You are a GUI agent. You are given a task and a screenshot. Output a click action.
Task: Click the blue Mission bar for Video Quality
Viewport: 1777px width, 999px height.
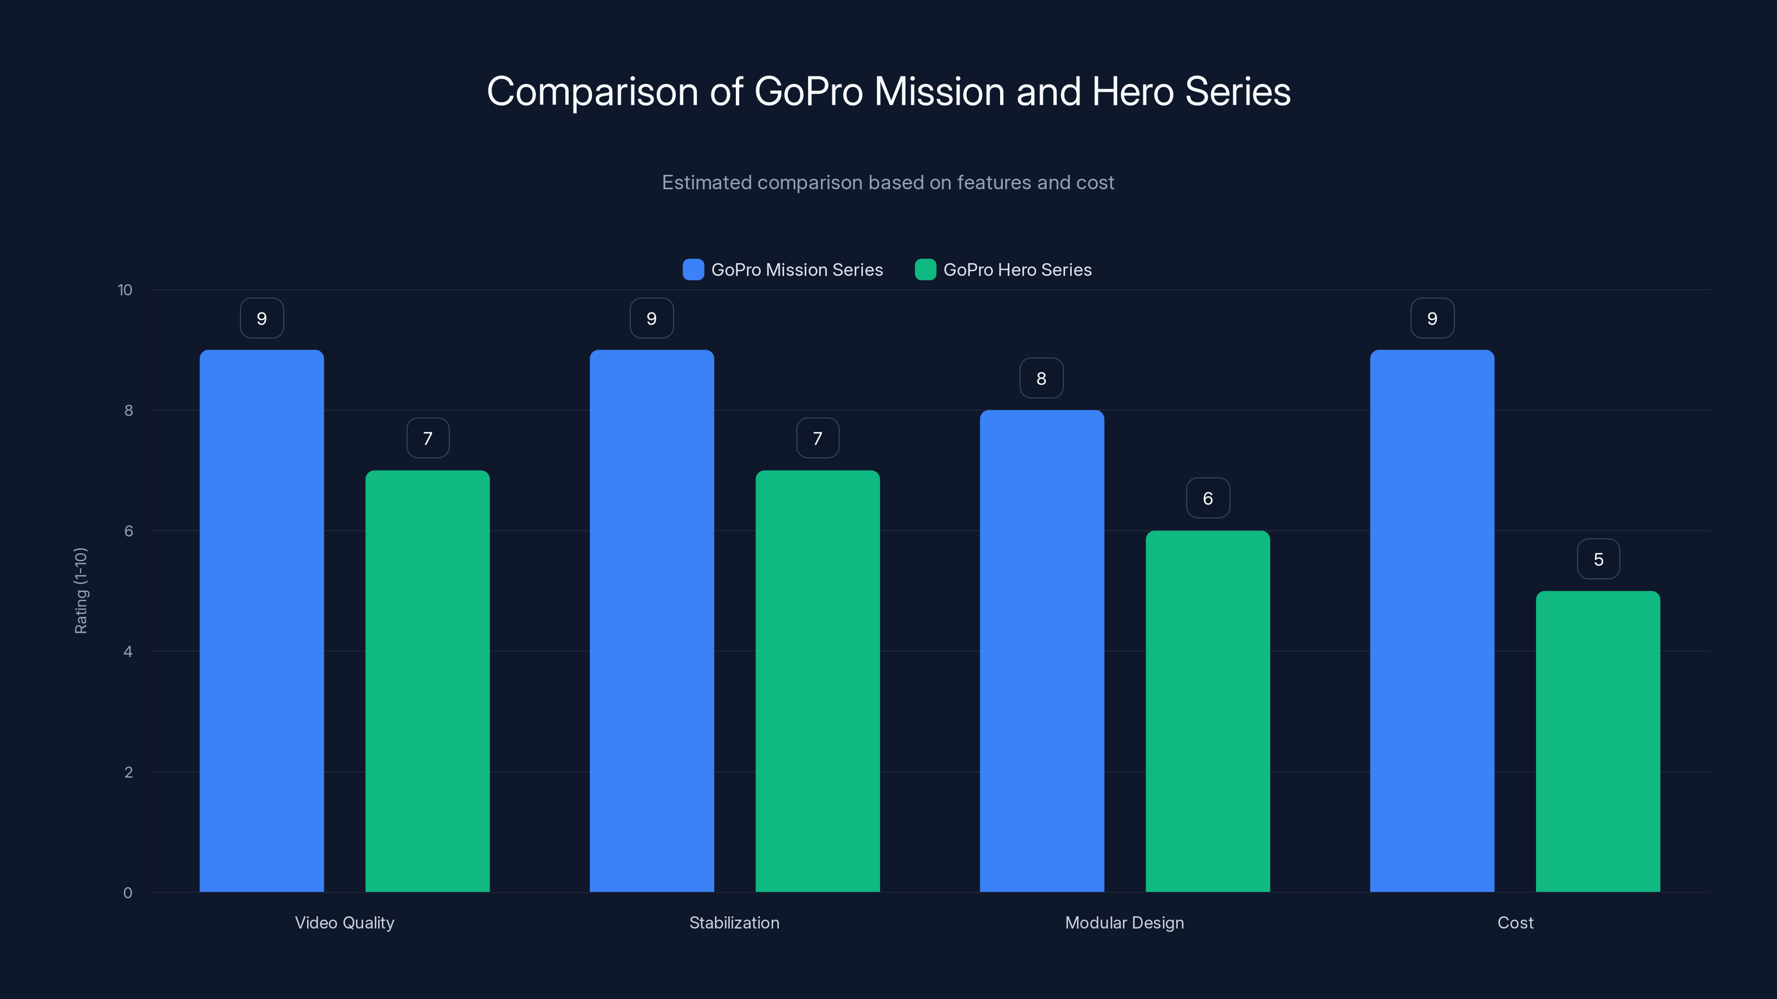(x=262, y=620)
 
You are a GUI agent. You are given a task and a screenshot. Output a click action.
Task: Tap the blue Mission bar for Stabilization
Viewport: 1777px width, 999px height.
(x=651, y=620)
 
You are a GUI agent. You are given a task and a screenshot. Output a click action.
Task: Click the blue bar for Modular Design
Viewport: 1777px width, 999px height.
(x=1042, y=651)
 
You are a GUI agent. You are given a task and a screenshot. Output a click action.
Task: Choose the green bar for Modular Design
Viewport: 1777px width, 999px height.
(x=1207, y=711)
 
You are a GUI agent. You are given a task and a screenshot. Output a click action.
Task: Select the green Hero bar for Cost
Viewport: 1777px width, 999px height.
(x=1598, y=741)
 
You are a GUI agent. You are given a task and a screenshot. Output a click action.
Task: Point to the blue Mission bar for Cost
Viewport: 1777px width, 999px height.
(x=1432, y=620)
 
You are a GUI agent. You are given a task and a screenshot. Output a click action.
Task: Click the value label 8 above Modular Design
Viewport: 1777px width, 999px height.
(x=1042, y=378)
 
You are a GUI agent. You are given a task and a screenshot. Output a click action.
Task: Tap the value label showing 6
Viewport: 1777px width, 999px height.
(x=1208, y=498)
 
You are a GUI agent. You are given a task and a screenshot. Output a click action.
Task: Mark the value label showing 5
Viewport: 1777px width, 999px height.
(x=1598, y=559)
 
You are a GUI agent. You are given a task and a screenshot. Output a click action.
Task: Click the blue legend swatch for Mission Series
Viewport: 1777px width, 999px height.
(x=692, y=270)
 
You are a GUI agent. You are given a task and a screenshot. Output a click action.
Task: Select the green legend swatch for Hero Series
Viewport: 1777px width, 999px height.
(x=925, y=270)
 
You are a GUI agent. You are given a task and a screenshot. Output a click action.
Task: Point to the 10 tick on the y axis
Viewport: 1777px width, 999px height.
(x=125, y=290)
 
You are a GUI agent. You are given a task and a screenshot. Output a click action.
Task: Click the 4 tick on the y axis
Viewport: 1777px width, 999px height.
(x=128, y=652)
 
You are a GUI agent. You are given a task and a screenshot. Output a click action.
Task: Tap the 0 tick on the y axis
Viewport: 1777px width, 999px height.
(x=128, y=893)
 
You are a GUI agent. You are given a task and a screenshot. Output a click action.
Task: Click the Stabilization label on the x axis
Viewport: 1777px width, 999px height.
(x=734, y=922)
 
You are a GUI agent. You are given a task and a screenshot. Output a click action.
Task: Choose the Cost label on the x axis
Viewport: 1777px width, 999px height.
(x=1515, y=922)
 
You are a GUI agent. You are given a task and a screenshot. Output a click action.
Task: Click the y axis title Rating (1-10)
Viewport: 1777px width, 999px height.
(x=81, y=590)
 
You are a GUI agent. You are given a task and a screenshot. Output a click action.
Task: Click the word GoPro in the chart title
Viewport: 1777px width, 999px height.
(x=808, y=92)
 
